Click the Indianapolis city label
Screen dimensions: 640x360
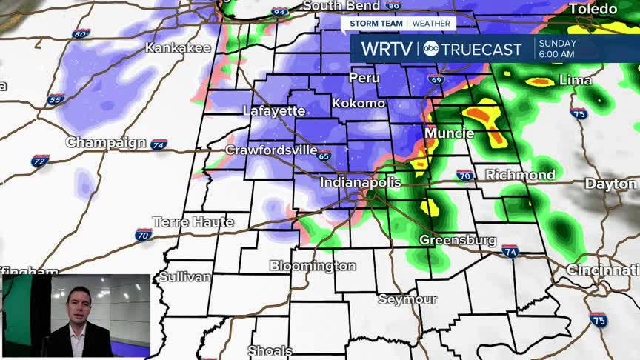coord(360,182)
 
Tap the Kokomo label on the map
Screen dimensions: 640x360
coord(359,103)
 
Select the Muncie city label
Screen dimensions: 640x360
coord(449,133)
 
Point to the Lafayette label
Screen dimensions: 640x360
coord(274,111)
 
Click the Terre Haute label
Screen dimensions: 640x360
coord(193,221)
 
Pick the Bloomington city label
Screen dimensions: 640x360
coord(313,265)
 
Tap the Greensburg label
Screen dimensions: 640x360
coord(457,240)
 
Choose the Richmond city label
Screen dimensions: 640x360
coord(520,175)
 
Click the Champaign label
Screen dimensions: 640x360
coord(106,141)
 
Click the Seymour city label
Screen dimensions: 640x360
coord(407,299)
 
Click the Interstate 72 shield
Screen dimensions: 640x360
coord(41,160)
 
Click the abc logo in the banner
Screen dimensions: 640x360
coord(430,50)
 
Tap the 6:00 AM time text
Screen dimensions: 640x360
coord(557,55)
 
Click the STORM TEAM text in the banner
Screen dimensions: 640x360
coord(377,23)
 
